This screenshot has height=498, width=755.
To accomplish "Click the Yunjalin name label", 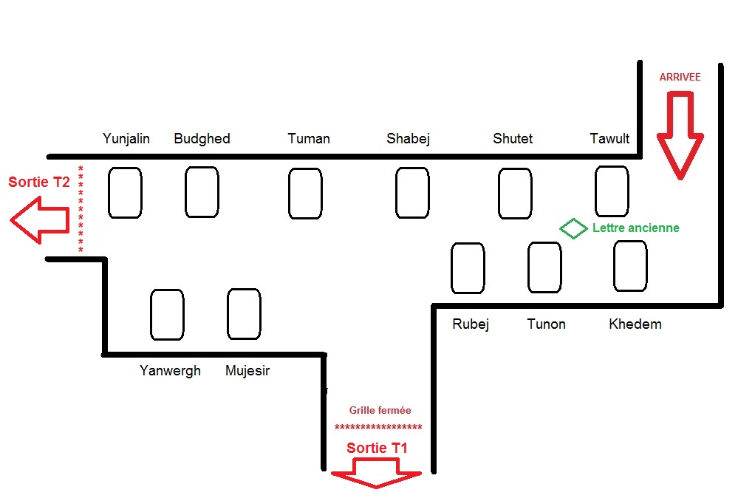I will pyautogui.click(x=126, y=138).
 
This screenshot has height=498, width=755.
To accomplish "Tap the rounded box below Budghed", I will pyautogui.click(x=202, y=192).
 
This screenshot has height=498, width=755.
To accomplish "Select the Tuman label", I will pyautogui.click(x=309, y=138).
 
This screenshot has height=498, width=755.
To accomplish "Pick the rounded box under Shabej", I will pyautogui.click(x=412, y=193).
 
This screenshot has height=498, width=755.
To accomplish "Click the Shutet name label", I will pyautogui.click(x=513, y=138).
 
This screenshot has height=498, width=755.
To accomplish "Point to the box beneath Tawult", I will pyautogui.click(x=612, y=191).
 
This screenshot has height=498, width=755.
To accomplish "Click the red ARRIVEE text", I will pyautogui.click(x=680, y=77).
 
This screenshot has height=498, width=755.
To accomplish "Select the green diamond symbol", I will pyautogui.click(x=573, y=228).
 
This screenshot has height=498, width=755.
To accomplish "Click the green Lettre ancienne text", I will pyautogui.click(x=635, y=228).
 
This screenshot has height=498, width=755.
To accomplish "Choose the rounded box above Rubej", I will pyautogui.click(x=468, y=268).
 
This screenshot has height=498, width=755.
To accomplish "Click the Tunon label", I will pyautogui.click(x=547, y=324).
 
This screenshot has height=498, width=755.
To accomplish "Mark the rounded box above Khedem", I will pyautogui.click(x=630, y=265).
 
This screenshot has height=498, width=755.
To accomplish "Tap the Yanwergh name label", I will pyautogui.click(x=170, y=370).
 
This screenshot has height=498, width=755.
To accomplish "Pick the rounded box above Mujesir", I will pyautogui.click(x=244, y=314).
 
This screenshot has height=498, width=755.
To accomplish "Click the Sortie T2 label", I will pyautogui.click(x=39, y=182).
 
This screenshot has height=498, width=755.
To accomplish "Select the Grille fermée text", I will pyautogui.click(x=380, y=410).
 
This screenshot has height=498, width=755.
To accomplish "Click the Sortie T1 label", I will pyautogui.click(x=377, y=448).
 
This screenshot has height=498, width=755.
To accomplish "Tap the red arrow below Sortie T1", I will pyautogui.click(x=376, y=474).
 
